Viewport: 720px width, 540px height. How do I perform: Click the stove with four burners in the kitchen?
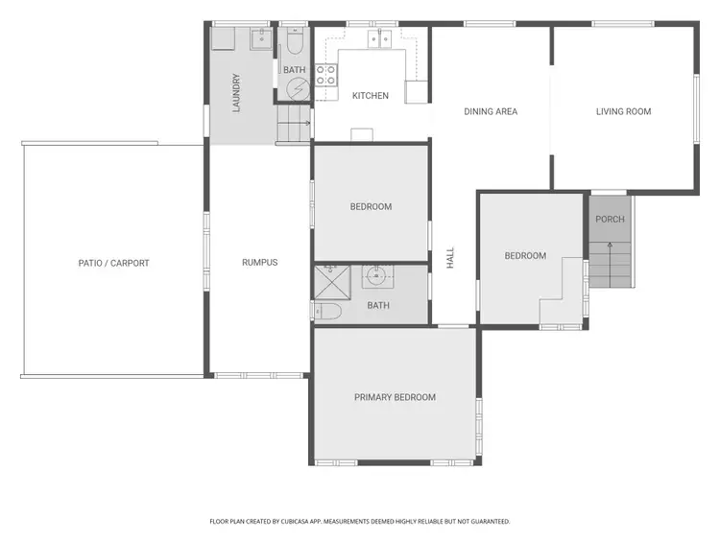[x=326, y=74]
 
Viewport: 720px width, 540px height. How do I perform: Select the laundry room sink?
[x=261, y=39]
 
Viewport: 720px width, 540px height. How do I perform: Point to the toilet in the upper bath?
[x=294, y=44]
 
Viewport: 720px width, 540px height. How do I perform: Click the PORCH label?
[x=610, y=220]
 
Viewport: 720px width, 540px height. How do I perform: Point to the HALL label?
[x=449, y=257]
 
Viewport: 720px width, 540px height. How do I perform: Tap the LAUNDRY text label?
[x=235, y=93]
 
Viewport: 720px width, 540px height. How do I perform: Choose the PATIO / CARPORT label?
[x=114, y=263]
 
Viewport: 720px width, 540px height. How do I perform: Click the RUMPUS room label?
[x=259, y=262]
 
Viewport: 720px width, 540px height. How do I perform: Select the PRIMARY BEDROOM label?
[x=395, y=397]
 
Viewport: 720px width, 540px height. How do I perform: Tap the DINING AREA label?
[x=491, y=111]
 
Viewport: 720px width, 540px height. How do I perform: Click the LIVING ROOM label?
[x=623, y=111]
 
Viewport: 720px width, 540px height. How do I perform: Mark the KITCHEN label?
[x=371, y=96]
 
